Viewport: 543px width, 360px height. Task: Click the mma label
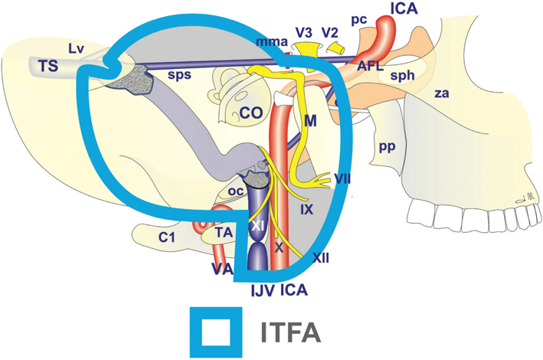point(267,43)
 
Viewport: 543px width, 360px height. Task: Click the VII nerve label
point(342,178)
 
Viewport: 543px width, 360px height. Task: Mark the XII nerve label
point(322,258)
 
